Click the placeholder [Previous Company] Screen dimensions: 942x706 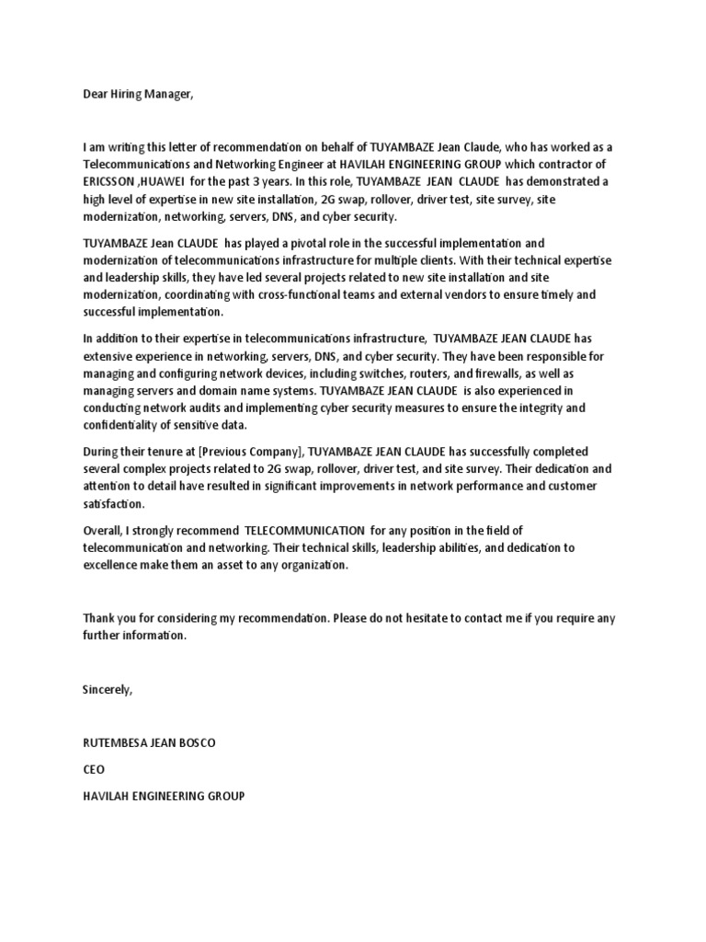(x=247, y=453)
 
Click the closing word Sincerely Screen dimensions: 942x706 (x=108, y=689)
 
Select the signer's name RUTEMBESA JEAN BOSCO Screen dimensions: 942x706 (x=148, y=742)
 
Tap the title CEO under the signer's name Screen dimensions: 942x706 (x=94, y=769)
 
